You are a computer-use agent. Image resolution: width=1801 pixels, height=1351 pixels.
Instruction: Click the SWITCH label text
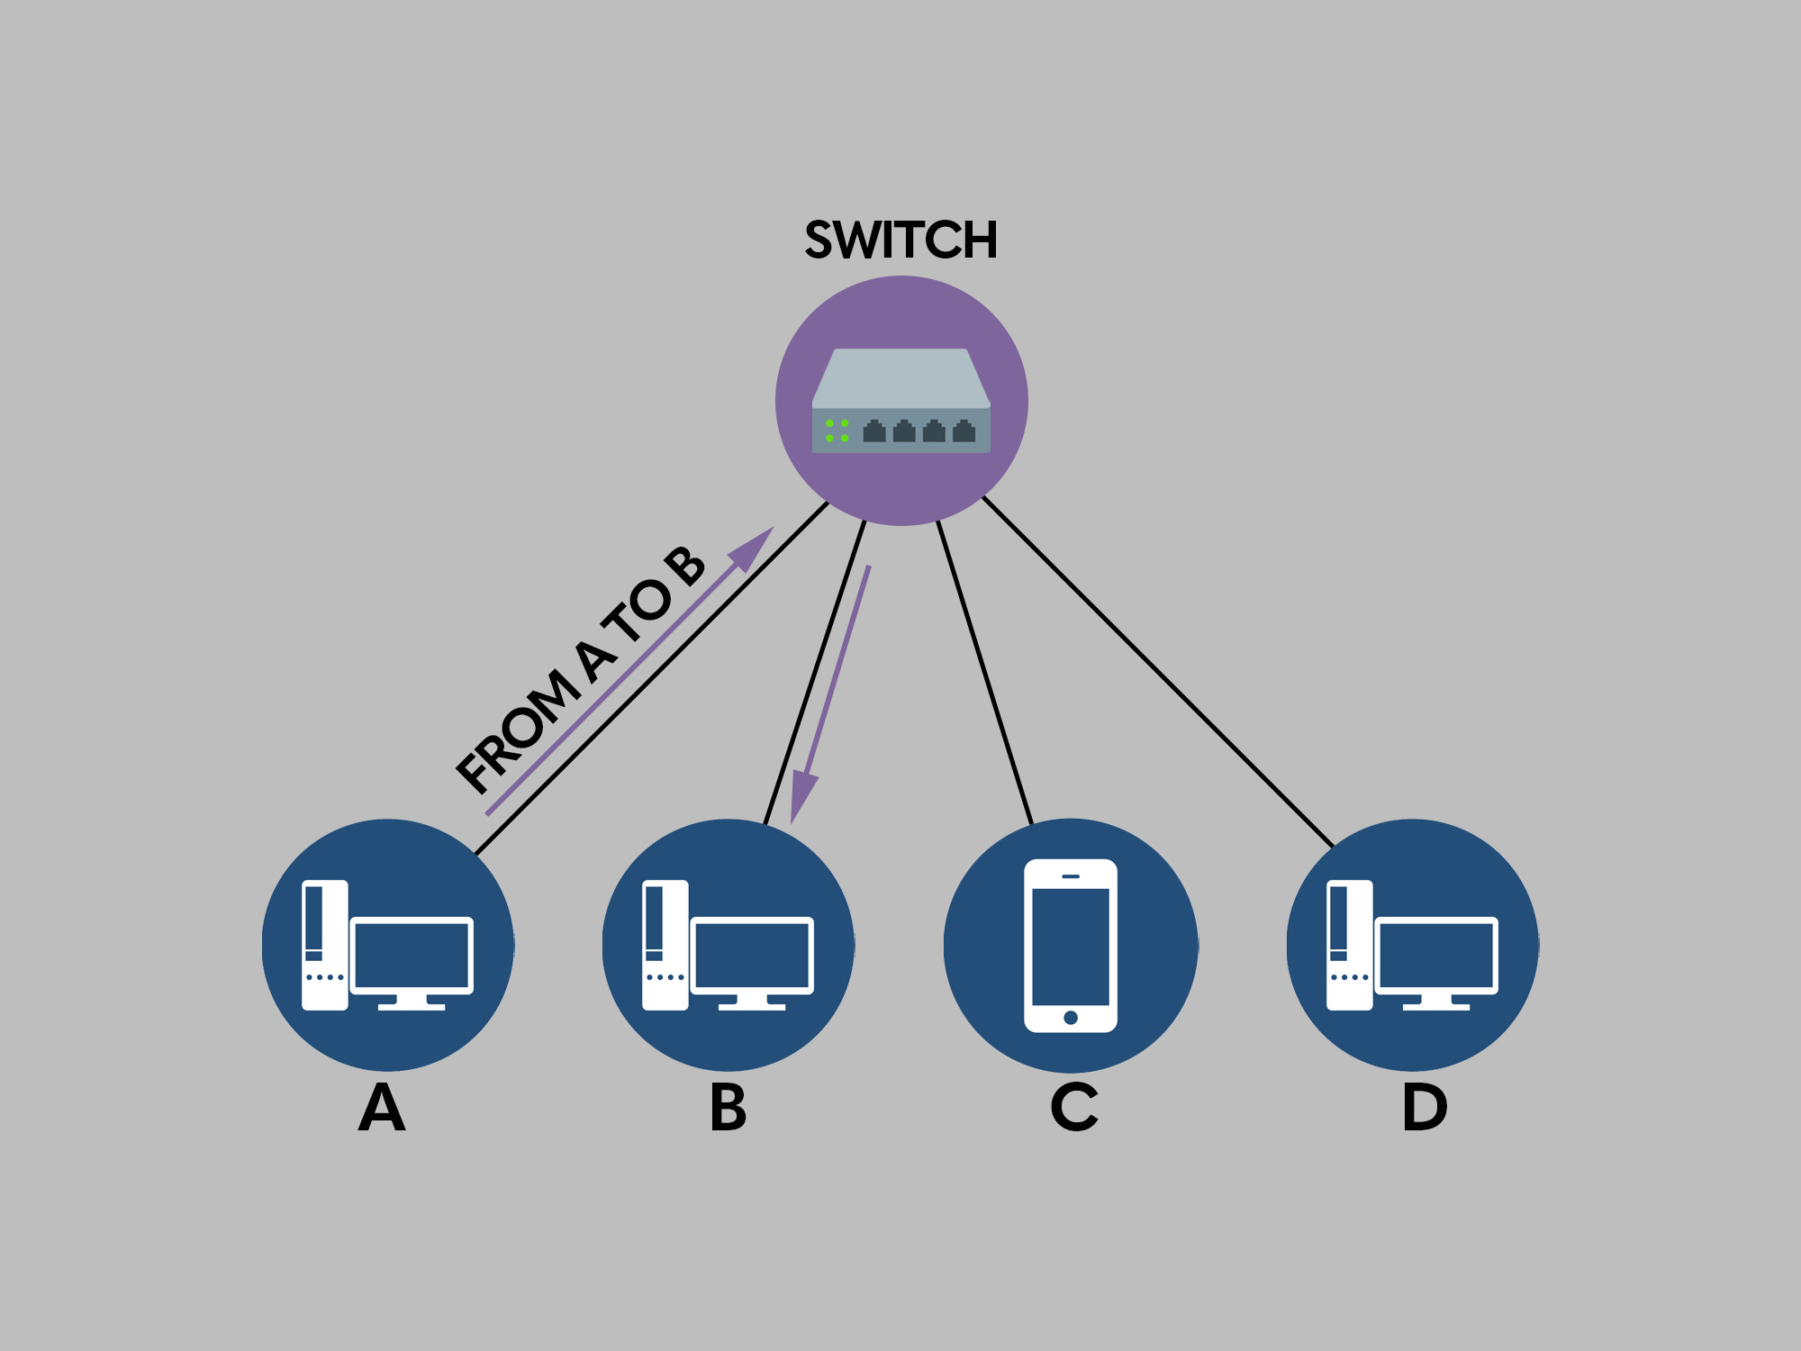click(900, 240)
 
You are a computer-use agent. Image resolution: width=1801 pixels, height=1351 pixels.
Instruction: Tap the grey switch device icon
click(900, 401)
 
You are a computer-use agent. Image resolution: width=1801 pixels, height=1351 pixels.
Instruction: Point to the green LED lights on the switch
click(837, 431)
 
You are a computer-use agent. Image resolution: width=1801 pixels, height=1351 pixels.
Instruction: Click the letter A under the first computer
click(382, 1107)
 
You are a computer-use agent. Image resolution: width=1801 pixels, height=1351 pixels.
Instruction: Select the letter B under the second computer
click(728, 1107)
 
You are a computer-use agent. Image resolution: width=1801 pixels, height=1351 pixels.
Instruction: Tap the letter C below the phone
click(1073, 1107)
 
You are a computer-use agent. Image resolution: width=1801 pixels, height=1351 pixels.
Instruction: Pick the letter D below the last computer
click(1425, 1107)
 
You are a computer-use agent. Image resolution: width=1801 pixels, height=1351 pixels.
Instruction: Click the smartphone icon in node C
click(1071, 945)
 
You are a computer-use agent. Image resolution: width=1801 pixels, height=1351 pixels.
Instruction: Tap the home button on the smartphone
click(1071, 1018)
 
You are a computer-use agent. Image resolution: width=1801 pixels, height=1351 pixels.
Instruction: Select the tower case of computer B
click(665, 945)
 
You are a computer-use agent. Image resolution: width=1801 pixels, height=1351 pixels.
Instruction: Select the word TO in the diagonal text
click(638, 612)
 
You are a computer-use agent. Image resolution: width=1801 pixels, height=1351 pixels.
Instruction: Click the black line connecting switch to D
click(1157, 671)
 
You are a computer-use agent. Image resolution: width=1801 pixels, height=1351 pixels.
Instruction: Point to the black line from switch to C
click(984, 671)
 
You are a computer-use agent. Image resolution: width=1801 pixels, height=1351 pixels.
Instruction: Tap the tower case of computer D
click(1349, 945)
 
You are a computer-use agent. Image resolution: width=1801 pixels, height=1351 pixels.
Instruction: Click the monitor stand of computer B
click(752, 1002)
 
